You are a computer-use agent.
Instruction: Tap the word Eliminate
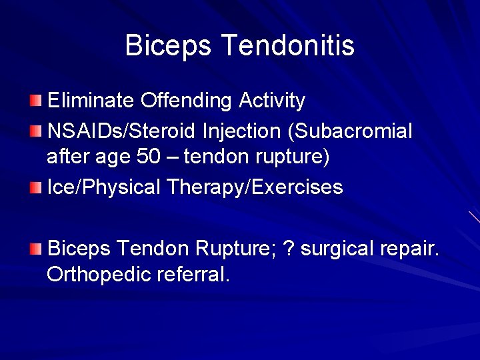click(91, 101)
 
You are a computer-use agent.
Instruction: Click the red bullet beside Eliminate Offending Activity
click(35, 101)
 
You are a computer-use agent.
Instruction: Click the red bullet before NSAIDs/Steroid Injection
click(35, 131)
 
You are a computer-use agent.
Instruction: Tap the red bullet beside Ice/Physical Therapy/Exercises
click(35, 187)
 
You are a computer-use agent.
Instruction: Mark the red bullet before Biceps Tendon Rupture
click(35, 249)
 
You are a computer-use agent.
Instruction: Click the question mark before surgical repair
click(289, 249)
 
